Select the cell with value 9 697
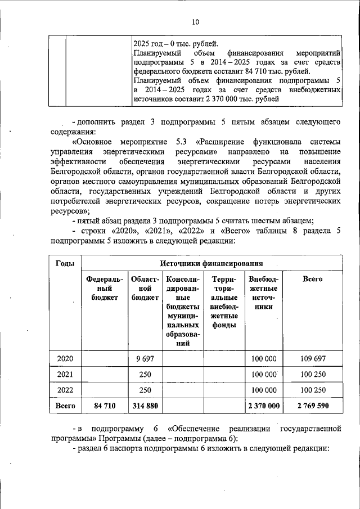[x=145, y=358]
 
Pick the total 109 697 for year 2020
[x=313, y=358]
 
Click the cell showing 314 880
[x=145, y=406]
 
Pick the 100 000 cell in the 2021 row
[x=263, y=374]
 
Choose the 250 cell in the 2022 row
[x=145, y=390]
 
